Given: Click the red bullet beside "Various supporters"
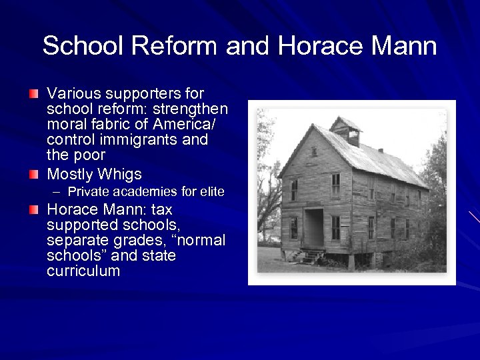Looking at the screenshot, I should pos(34,93).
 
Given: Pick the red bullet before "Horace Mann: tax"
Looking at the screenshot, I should pos(34,209).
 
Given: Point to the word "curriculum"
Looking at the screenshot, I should pos(83,271).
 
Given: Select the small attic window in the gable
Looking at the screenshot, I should pos(313,151).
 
